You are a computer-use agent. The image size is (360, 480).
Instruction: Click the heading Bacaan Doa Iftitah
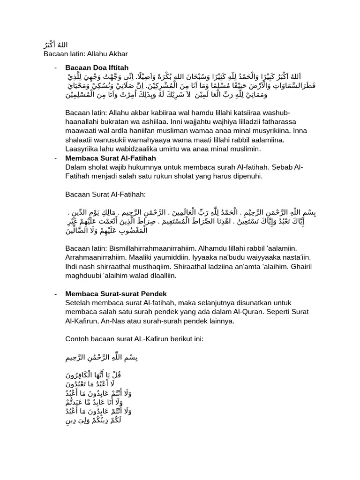(x=97, y=68)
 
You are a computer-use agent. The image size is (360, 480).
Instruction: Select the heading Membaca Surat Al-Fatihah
(x=110, y=158)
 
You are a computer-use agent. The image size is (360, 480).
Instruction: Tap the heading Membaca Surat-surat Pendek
(x=116, y=293)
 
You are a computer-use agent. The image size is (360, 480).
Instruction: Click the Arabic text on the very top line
(x=54, y=45)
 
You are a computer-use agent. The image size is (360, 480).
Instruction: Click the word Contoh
(x=78, y=339)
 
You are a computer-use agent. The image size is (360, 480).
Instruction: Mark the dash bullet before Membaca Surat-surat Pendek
(x=55, y=293)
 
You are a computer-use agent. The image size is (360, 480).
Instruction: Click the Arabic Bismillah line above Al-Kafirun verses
(x=102, y=358)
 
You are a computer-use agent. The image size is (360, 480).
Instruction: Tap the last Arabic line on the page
(x=98, y=420)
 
